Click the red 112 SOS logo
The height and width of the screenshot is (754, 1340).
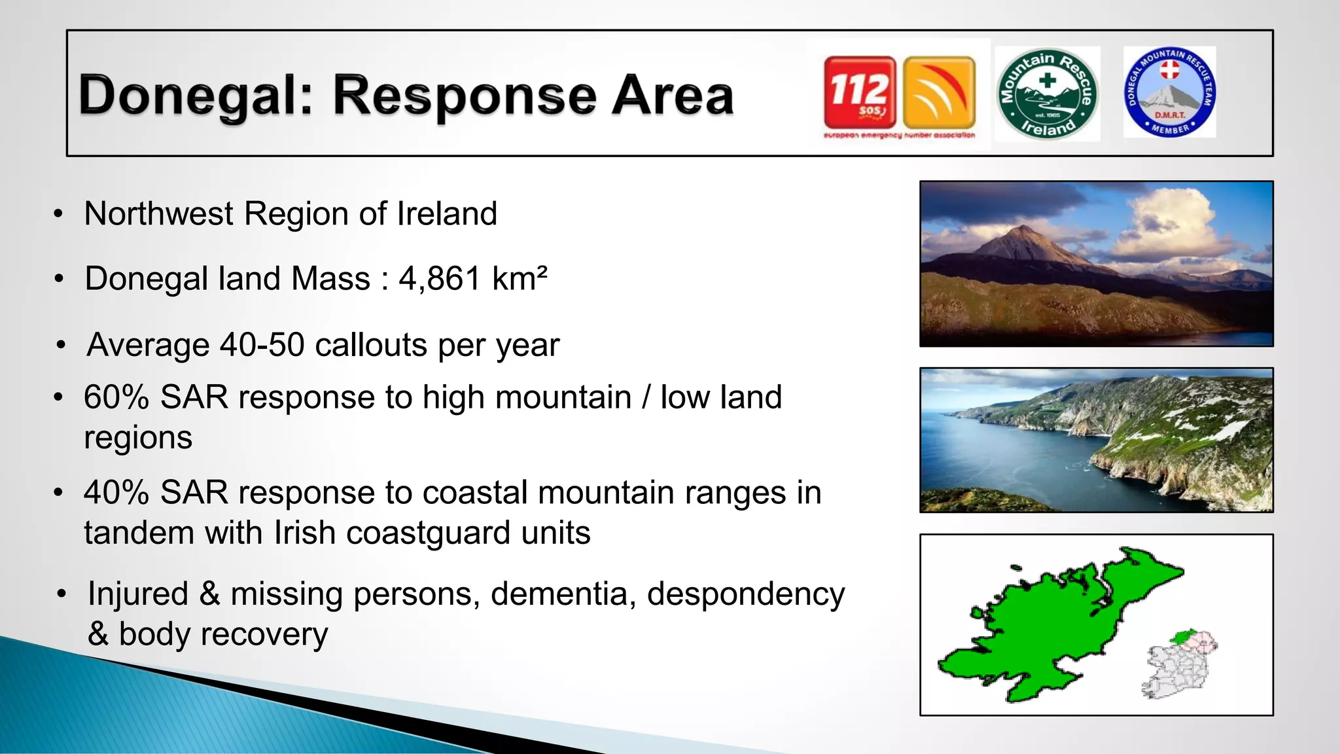coord(860,92)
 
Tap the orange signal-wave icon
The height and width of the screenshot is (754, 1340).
coord(939,92)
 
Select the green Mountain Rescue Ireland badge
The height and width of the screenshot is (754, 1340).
coord(1047,94)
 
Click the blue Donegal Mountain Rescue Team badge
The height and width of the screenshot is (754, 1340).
coord(1170,92)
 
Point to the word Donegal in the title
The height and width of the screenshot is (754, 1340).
coord(190,97)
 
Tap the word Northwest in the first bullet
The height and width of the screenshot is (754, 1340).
coord(159,214)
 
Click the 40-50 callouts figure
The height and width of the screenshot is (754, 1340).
coord(262,345)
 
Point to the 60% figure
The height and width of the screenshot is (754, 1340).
coord(116,397)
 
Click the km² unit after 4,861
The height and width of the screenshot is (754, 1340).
coord(520,279)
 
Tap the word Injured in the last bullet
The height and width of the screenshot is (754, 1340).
coord(138,594)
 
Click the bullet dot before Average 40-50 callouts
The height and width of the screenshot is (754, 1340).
coord(62,345)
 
